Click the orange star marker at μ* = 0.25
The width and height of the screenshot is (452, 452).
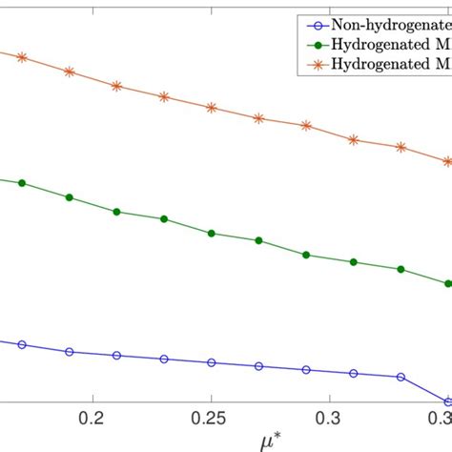pyautogui.click(x=212, y=108)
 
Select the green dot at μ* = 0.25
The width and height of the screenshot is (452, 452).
pyautogui.click(x=212, y=234)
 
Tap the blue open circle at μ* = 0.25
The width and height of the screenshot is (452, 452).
pyautogui.click(x=212, y=362)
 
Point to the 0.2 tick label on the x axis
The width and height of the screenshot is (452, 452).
pyautogui.click(x=92, y=419)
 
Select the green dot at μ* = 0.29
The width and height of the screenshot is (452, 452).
pyautogui.click(x=306, y=255)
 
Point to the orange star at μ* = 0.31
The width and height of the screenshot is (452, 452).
pyautogui.click(x=354, y=139)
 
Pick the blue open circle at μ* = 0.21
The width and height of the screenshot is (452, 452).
pyautogui.click(x=116, y=355)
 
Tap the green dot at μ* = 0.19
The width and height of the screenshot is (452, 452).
pyautogui.click(x=69, y=197)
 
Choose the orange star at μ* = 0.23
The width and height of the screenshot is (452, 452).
pyautogui.click(x=164, y=96)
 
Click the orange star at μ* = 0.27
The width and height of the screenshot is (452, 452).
pyautogui.click(x=258, y=118)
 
